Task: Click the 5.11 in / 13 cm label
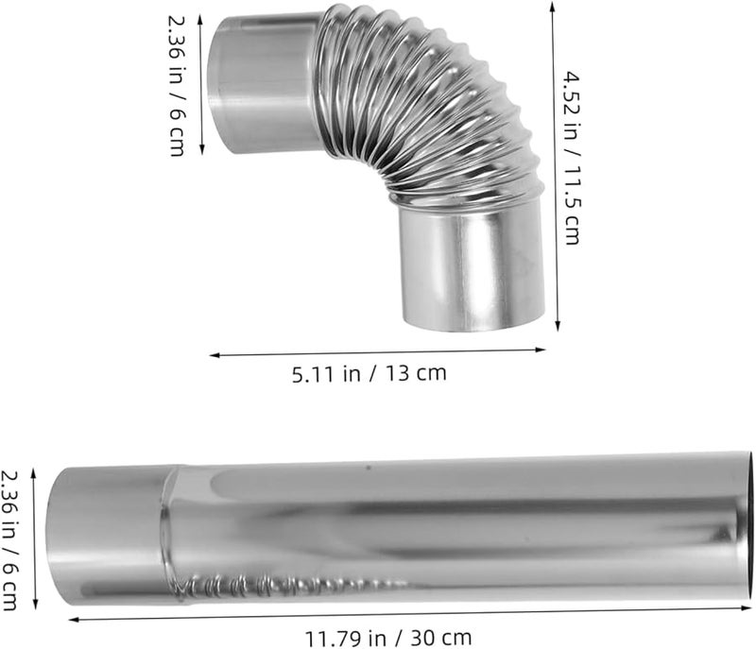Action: [369, 373]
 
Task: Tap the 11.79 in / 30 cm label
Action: [389, 638]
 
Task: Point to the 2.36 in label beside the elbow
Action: [177, 84]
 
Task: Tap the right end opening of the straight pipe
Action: [747, 515]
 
